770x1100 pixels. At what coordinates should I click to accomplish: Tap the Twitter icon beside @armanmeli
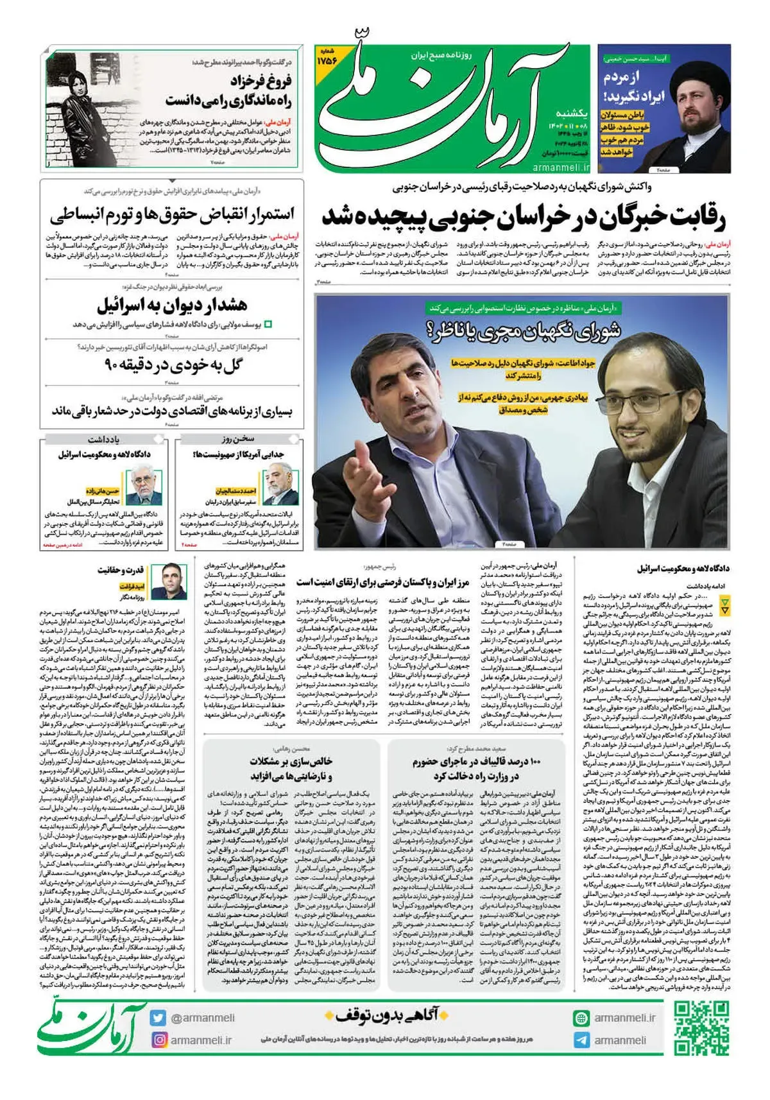click(x=158, y=1017)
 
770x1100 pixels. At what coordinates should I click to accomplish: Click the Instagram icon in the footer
click(x=158, y=1040)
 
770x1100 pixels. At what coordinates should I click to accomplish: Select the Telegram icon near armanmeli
click(x=581, y=1040)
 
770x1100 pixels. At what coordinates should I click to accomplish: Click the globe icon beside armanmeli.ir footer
click(x=581, y=1018)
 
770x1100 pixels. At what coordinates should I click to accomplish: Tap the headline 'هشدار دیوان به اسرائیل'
click(x=172, y=305)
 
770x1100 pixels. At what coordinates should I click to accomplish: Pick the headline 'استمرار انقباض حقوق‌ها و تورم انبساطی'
click(x=172, y=214)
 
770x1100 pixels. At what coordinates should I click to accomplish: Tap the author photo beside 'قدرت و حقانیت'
click(x=173, y=581)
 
